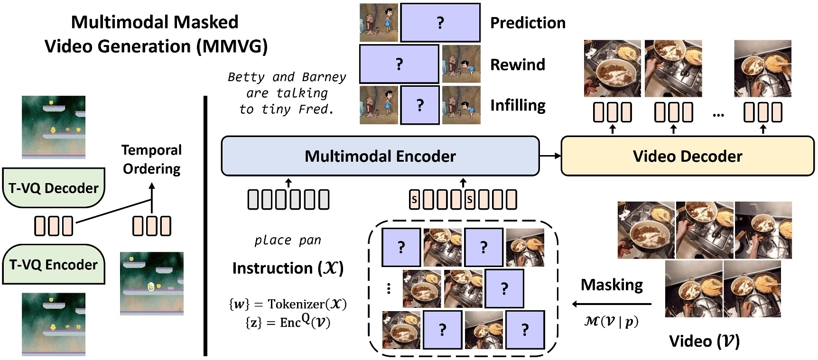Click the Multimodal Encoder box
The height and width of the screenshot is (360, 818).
pyautogui.click(x=380, y=156)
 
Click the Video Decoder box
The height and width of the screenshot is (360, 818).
pyautogui.click(x=688, y=156)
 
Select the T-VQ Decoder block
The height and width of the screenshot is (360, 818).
pyautogui.click(x=54, y=188)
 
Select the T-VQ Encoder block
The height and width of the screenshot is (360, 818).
pyautogui.click(x=54, y=264)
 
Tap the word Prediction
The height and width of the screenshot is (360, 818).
pyautogui.click(x=528, y=23)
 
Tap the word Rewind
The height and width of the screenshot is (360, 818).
pyautogui.click(x=518, y=65)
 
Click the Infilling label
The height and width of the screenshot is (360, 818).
pyautogui.click(x=518, y=105)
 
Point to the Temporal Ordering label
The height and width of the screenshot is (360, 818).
pyautogui.click(x=152, y=159)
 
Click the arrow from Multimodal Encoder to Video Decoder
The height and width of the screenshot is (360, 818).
pyautogui.click(x=550, y=156)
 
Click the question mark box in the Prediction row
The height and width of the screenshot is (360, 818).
pyautogui.click(x=440, y=23)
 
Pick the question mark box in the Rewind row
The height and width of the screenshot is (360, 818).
pyautogui.click(x=399, y=64)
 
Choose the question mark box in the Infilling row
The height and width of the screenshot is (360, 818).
pyautogui.click(x=420, y=105)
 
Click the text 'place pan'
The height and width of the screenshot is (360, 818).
pyautogui.click(x=288, y=240)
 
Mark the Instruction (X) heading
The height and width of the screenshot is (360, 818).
pyautogui.click(x=288, y=268)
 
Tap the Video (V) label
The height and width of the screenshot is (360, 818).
pyautogui.click(x=704, y=341)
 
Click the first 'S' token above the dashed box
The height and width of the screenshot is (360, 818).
pyautogui.click(x=414, y=200)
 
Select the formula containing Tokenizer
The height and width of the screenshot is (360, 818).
pyautogui.click(x=288, y=304)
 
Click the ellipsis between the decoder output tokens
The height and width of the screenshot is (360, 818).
pyautogui.click(x=718, y=114)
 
